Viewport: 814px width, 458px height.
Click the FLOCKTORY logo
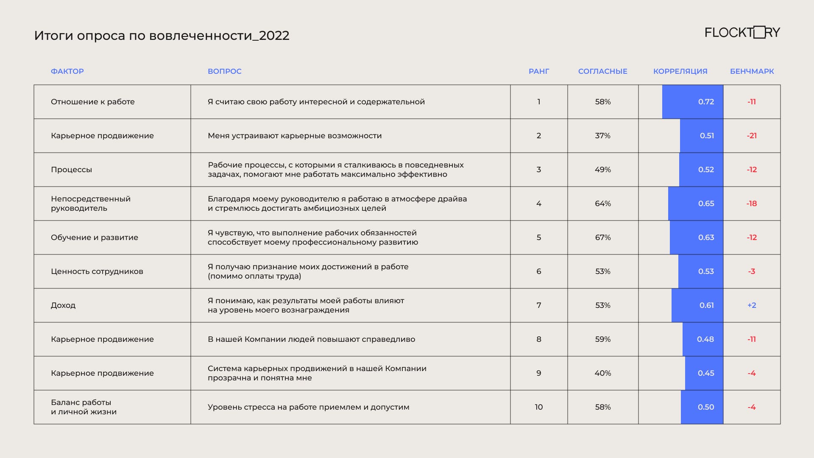[x=742, y=33]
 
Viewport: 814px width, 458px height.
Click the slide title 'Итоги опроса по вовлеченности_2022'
[x=162, y=36]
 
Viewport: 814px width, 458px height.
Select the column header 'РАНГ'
[x=539, y=71]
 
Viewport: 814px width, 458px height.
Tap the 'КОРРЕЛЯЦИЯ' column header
[x=680, y=71]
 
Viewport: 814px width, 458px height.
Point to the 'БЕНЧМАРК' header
[x=752, y=71]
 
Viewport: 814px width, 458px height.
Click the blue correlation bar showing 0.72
[x=693, y=102]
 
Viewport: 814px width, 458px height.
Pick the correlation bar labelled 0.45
[x=704, y=373]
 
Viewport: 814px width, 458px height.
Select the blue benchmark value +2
[x=752, y=305]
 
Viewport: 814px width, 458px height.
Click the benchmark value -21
[x=752, y=136]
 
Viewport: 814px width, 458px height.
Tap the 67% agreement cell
[x=602, y=237]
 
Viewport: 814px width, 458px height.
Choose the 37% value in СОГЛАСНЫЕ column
[x=602, y=136]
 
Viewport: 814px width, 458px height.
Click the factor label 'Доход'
[x=63, y=305]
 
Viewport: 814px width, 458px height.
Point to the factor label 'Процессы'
[x=71, y=170]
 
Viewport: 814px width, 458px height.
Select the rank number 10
[x=539, y=407]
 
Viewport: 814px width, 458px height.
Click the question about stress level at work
[x=308, y=407]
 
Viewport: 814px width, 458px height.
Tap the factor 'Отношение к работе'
[x=92, y=102]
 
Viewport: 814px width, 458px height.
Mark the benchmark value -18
[x=752, y=204]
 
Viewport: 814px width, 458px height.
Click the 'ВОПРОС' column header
[x=224, y=71]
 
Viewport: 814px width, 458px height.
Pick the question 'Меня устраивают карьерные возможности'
[x=295, y=136]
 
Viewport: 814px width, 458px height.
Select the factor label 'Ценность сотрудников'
[x=97, y=271]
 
